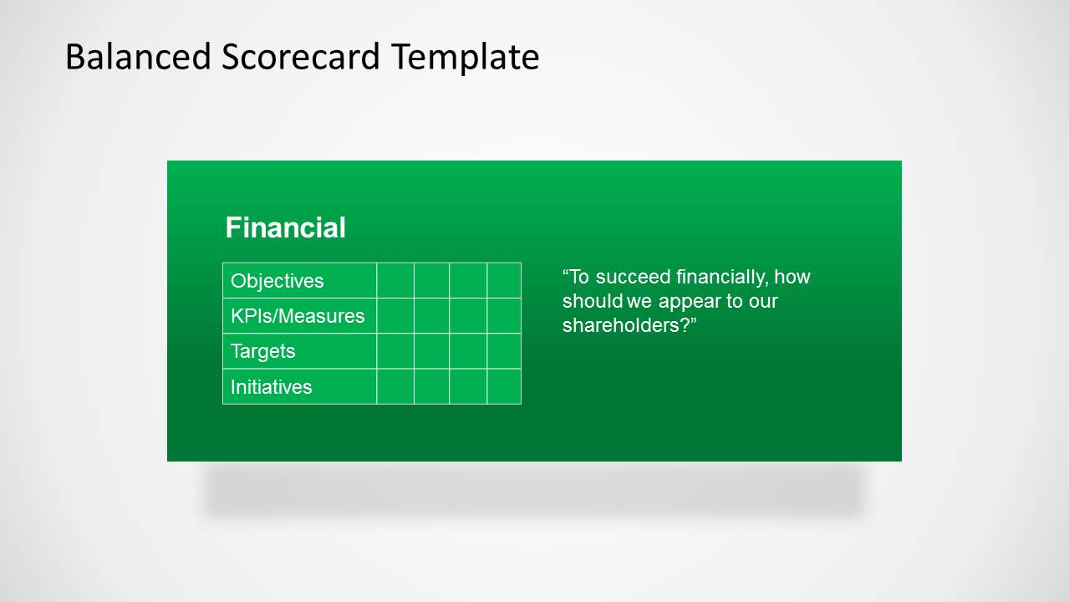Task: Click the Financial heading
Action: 285,227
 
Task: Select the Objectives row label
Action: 277,281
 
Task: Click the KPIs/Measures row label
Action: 298,316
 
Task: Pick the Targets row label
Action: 262,351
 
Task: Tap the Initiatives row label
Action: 271,387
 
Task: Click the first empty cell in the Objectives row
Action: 395,280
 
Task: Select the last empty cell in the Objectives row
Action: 504,280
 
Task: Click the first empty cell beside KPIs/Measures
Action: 395,315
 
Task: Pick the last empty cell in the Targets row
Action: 504,350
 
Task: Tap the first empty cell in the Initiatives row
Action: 395,386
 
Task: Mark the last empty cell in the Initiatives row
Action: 504,386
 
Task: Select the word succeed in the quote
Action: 634,277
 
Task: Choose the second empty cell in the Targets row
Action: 431,350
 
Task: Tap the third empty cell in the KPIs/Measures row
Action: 468,315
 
